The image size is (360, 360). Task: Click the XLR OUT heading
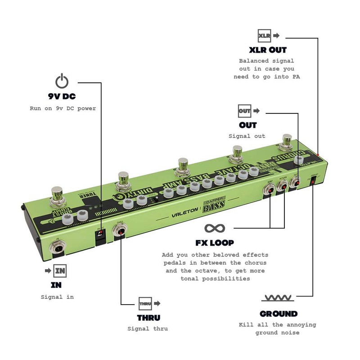point(268,50)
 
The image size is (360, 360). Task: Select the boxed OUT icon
point(244,110)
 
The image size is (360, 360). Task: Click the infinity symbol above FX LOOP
point(214,228)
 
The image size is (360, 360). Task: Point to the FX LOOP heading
point(214,243)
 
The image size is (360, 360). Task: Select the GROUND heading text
point(279,314)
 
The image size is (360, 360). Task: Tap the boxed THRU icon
point(144,303)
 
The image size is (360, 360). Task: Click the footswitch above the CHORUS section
point(286,141)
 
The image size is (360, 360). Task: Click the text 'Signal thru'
point(148,328)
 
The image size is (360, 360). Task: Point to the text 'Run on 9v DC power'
point(63,108)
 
